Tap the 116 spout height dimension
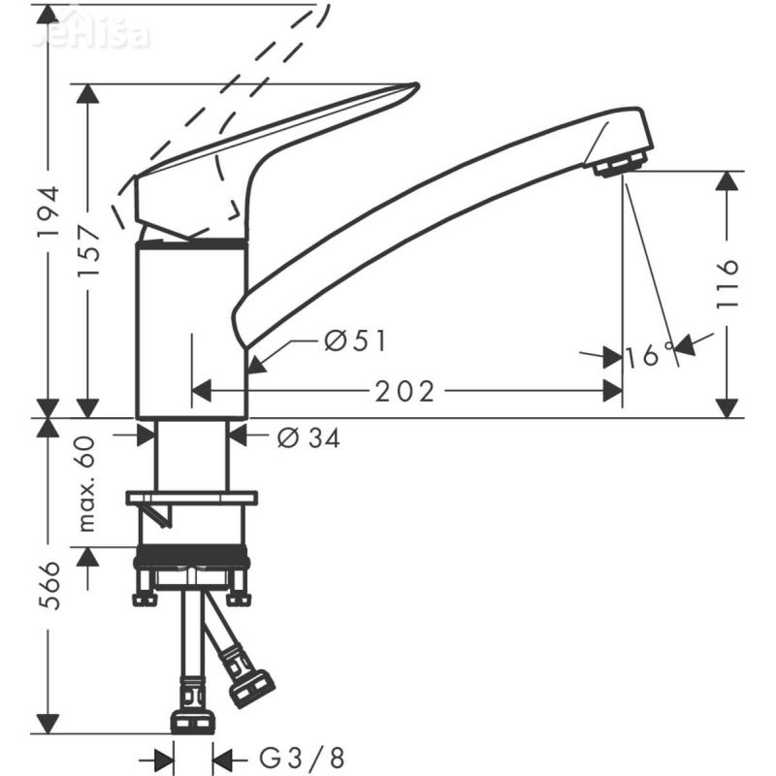pos(729,283)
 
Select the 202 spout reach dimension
pos(405,391)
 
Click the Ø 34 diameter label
pos(308,438)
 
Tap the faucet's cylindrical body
pos(190,330)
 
